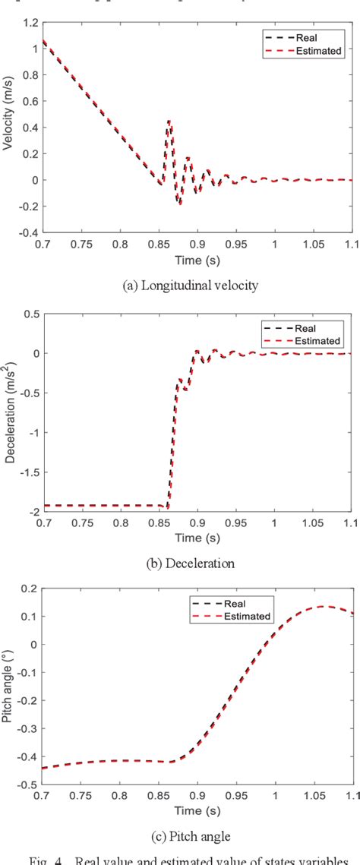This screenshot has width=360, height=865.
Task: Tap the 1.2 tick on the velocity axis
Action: click(29, 24)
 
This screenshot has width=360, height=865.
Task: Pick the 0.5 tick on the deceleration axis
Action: click(28, 314)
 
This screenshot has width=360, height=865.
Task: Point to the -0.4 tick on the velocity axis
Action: click(25, 232)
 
